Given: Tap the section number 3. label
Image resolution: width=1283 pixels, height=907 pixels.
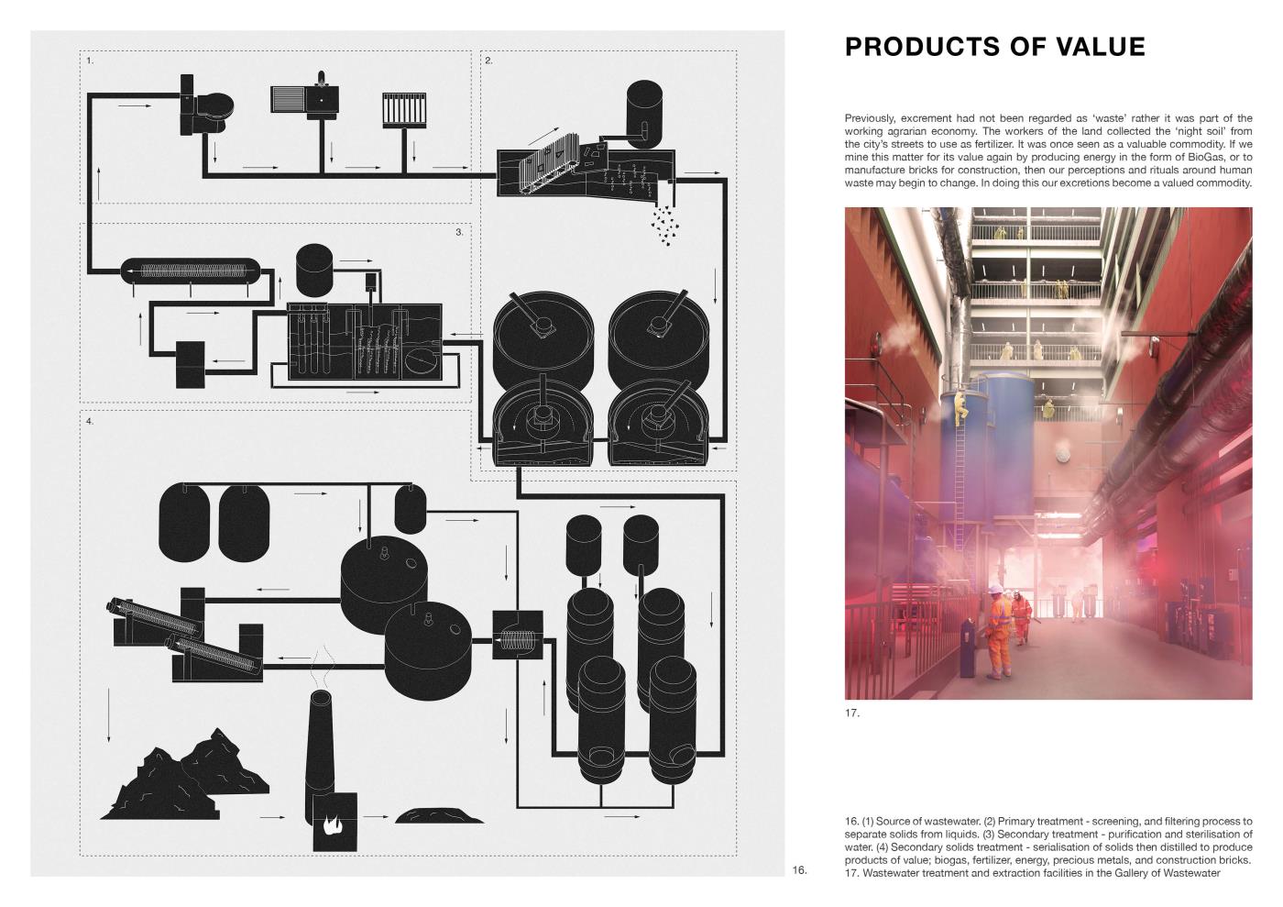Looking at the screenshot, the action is [x=459, y=232].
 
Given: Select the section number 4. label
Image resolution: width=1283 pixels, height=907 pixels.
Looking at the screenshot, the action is [x=90, y=421].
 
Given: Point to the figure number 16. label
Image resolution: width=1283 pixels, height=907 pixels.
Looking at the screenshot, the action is [x=799, y=869].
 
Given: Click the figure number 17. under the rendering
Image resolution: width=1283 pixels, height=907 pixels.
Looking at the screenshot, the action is [x=852, y=713].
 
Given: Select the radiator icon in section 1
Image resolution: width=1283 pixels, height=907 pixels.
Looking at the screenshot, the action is [x=404, y=109].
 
